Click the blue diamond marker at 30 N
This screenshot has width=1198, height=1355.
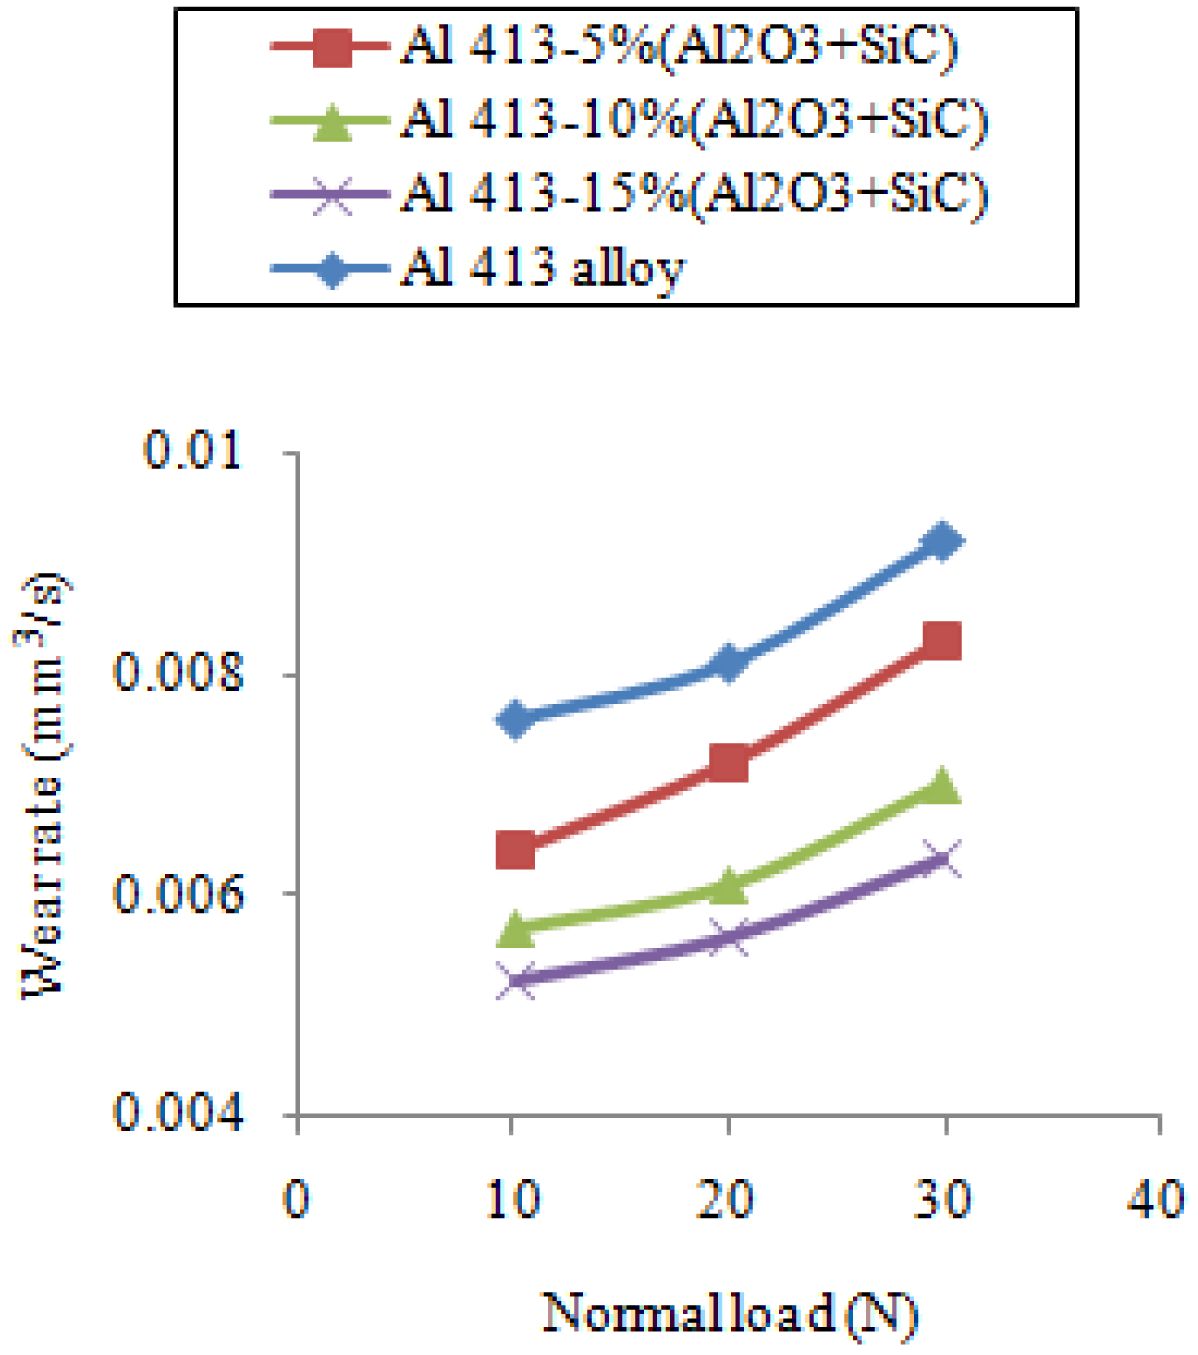click(942, 541)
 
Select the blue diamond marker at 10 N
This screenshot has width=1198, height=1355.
click(515, 719)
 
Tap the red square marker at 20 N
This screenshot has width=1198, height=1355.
click(728, 763)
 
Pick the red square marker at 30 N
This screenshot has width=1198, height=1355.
click(942, 640)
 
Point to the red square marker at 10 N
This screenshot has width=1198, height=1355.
click(515, 851)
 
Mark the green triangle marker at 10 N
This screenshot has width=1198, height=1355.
click(515, 928)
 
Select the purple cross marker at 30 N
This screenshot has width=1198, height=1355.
click(942, 858)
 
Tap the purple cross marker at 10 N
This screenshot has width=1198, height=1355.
click(515, 980)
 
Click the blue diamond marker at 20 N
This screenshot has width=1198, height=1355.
click(728, 663)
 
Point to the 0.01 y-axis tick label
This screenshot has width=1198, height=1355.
click(194, 452)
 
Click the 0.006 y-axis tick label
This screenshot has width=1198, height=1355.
click(180, 893)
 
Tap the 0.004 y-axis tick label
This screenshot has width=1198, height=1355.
click(180, 1113)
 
